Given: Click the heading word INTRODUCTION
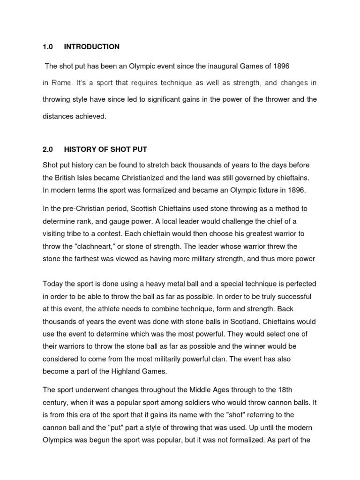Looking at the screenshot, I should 92,46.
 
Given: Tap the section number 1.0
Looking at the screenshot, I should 48,46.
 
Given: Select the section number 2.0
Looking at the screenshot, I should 48,150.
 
